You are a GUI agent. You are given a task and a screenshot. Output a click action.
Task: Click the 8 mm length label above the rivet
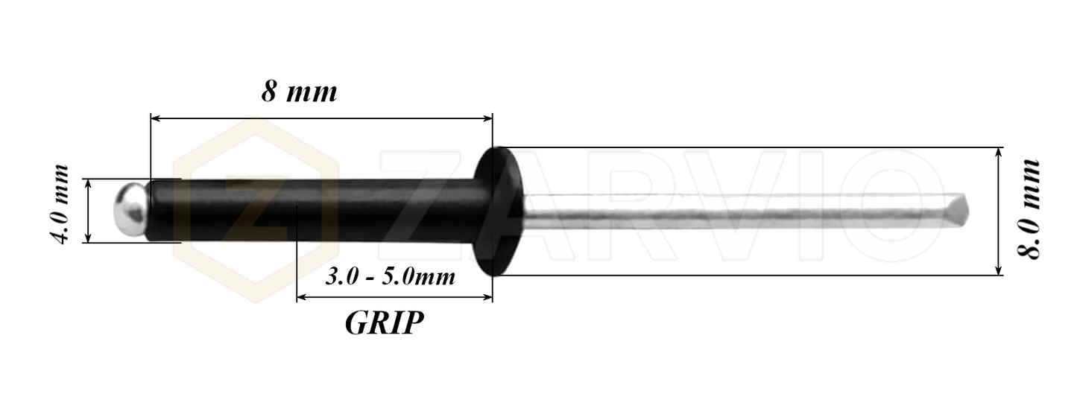tap(299, 92)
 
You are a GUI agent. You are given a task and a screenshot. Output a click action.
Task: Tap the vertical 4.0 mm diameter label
tap(59, 205)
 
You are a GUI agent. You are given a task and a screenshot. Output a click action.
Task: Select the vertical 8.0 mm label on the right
tap(1029, 209)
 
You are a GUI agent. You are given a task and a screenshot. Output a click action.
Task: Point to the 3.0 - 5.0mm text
tap(390, 277)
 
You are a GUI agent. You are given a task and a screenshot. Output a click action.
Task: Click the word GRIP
tap(384, 322)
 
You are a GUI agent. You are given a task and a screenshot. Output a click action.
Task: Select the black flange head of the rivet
tap(498, 211)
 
